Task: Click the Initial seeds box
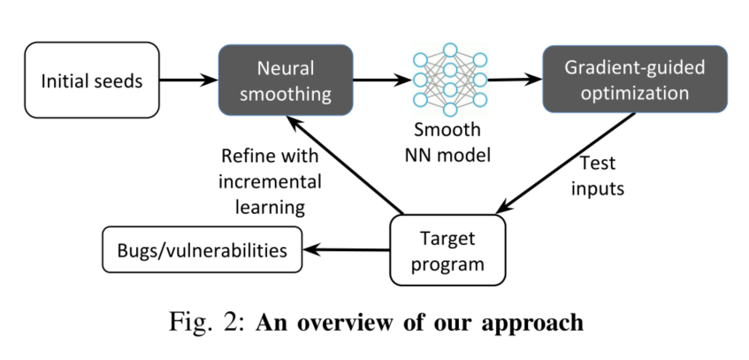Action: click(92, 80)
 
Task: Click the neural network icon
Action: click(450, 80)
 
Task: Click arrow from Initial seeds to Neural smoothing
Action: click(188, 80)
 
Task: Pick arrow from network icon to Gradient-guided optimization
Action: click(514, 80)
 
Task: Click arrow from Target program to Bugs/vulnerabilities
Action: click(346, 250)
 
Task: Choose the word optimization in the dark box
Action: click(634, 91)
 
